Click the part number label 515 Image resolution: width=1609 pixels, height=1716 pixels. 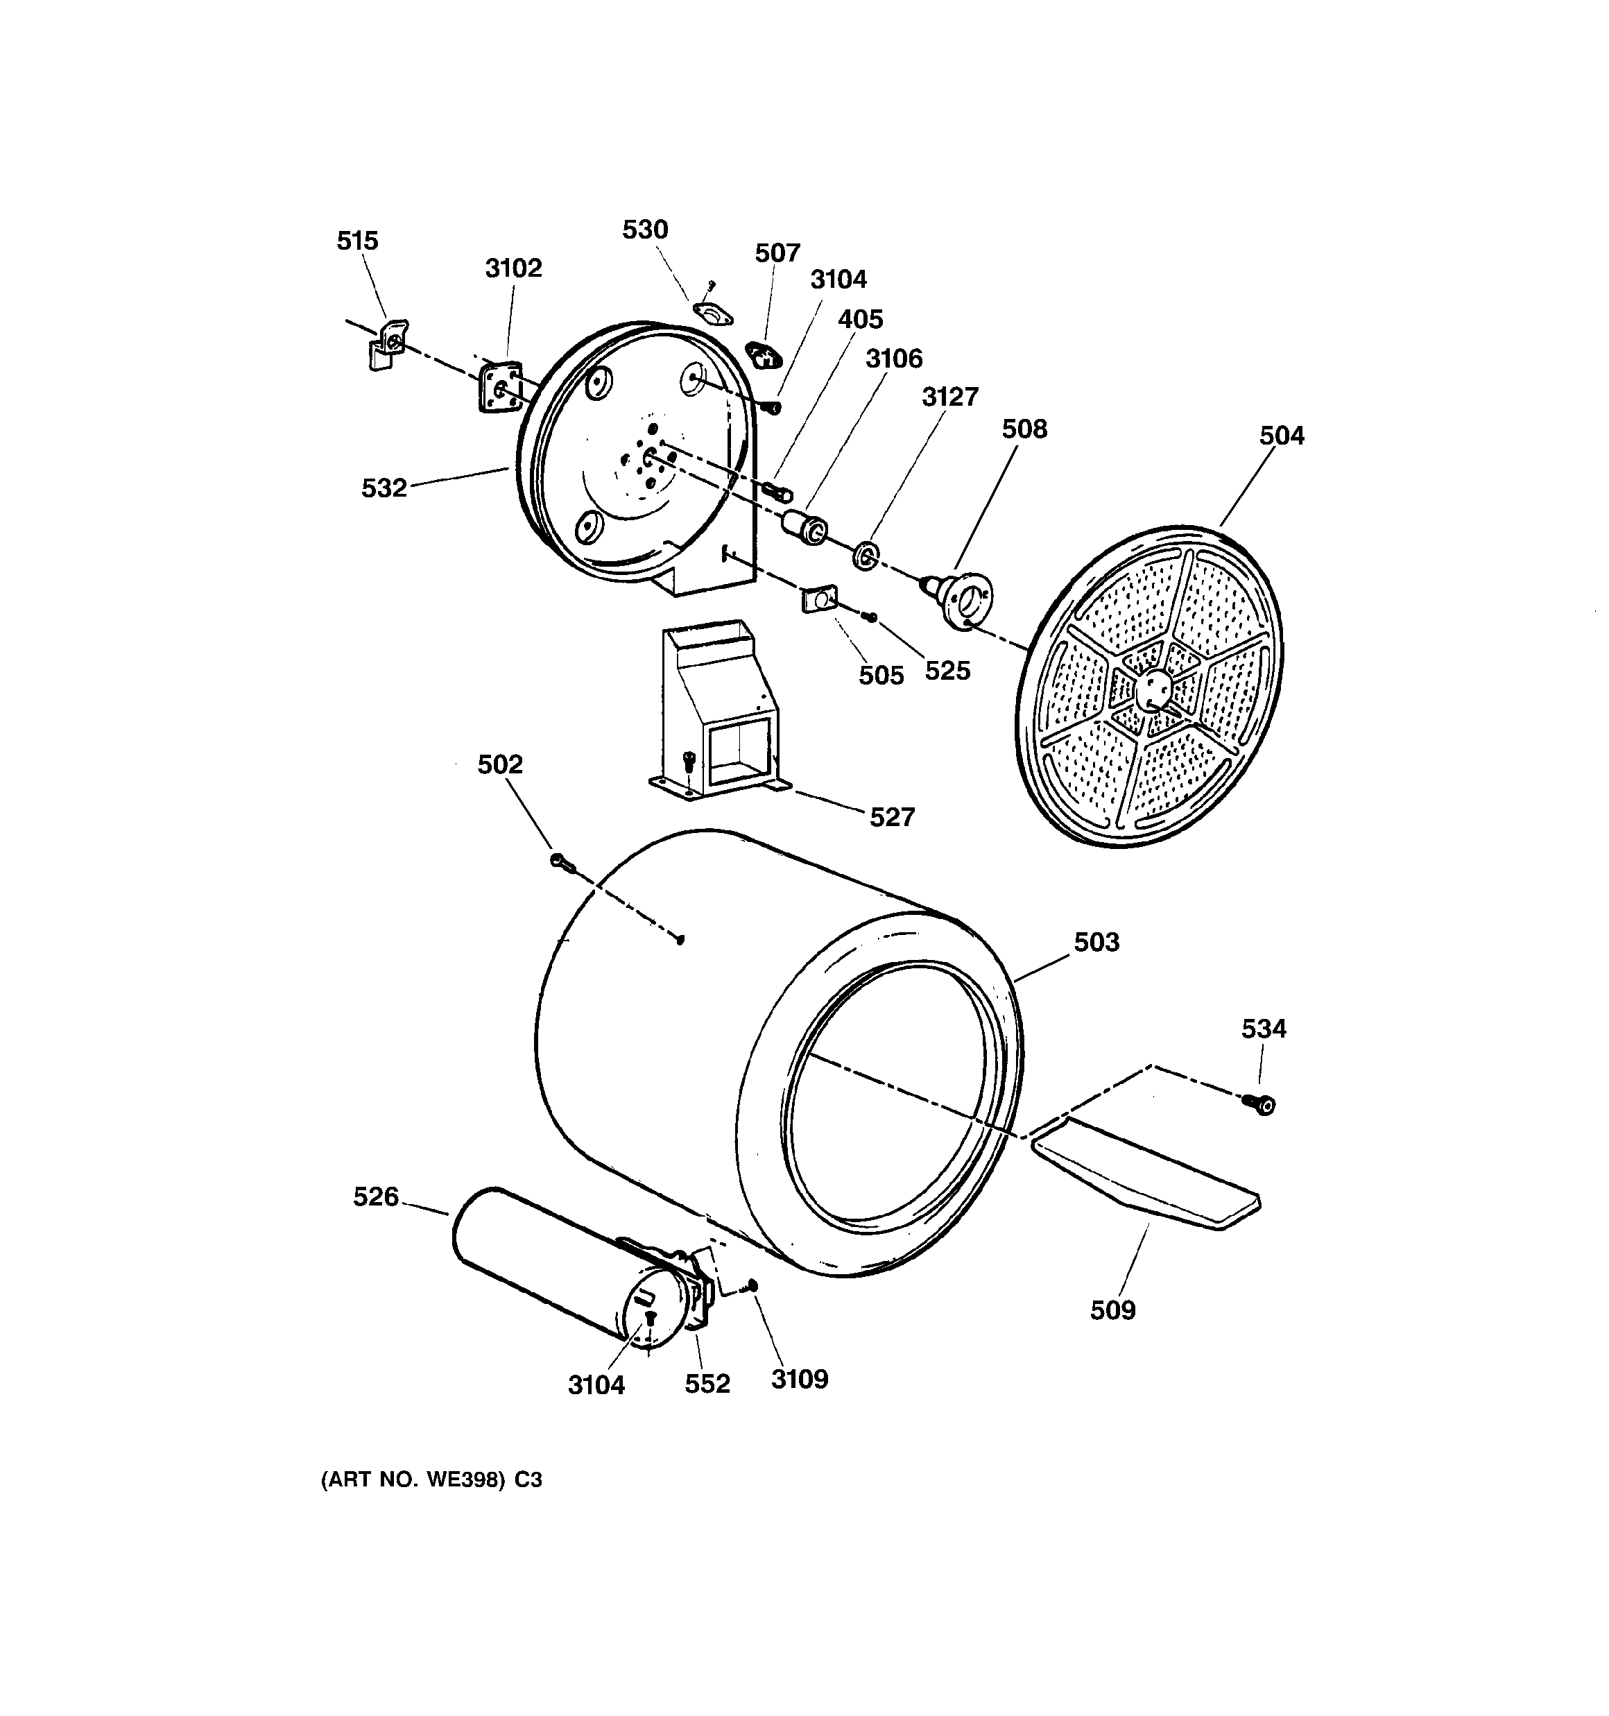(x=357, y=241)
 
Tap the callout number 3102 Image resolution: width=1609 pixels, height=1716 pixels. (x=514, y=268)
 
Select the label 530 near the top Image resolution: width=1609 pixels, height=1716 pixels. (x=645, y=230)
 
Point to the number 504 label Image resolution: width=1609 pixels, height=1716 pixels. (x=1281, y=436)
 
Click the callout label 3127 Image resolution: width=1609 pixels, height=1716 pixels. (x=949, y=397)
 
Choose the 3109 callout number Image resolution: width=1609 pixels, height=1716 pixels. (x=800, y=1378)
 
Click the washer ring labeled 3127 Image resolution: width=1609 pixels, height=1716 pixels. (x=865, y=557)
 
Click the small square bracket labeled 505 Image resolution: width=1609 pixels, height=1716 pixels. (x=819, y=597)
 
